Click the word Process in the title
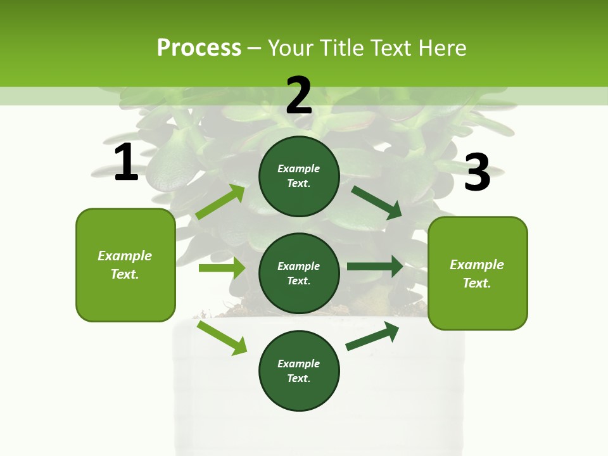(x=199, y=47)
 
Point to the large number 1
(x=126, y=162)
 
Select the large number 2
(x=299, y=95)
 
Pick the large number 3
(x=477, y=173)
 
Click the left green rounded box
(x=125, y=265)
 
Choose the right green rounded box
(x=478, y=273)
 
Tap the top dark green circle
(x=299, y=176)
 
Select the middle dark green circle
(x=299, y=273)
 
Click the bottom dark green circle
(x=299, y=370)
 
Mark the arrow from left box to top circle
(x=220, y=201)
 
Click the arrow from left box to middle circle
(x=222, y=268)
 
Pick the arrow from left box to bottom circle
(x=222, y=338)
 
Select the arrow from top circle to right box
(x=376, y=202)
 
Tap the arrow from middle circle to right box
(x=374, y=266)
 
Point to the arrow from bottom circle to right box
(x=372, y=336)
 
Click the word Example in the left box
(x=125, y=256)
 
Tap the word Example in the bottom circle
(x=299, y=364)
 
